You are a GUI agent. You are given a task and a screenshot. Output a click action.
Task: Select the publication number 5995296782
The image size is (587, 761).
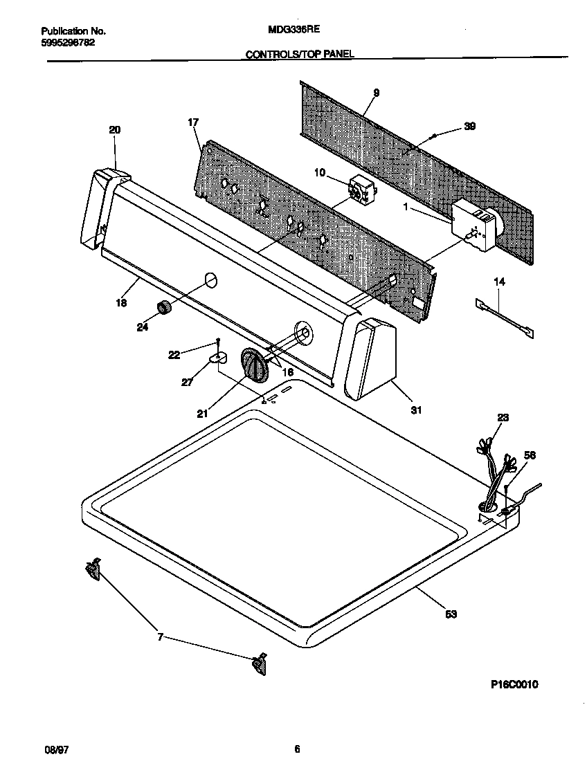pyautogui.click(x=69, y=42)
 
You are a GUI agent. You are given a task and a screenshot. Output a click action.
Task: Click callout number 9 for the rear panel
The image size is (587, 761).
pyautogui.click(x=376, y=93)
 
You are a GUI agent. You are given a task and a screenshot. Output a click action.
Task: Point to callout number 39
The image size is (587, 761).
pyautogui.click(x=469, y=126)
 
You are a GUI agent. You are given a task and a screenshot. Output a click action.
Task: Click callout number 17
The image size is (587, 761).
pyautogui.click(x=193, y=122)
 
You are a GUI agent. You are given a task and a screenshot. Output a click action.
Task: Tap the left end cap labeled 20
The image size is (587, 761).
pyautogui.click(x=97, y=208)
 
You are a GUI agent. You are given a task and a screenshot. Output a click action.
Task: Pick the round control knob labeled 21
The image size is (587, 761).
pyautogui.click(x=254, y=365)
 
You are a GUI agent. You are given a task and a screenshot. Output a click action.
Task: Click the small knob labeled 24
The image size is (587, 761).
pyautogui.click(x=163, y=309)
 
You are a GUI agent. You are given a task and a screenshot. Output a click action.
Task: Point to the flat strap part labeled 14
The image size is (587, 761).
pyautogui.click(x=505, y=318)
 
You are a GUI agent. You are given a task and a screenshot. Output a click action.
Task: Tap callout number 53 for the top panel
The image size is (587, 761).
pyautogui.click(x=451, y=613)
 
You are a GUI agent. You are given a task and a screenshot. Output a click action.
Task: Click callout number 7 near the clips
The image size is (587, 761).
pyautogui.click(x=160, y=637)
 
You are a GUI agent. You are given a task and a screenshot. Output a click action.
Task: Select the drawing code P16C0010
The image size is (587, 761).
pyautogui.click(x=514, y=684)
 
